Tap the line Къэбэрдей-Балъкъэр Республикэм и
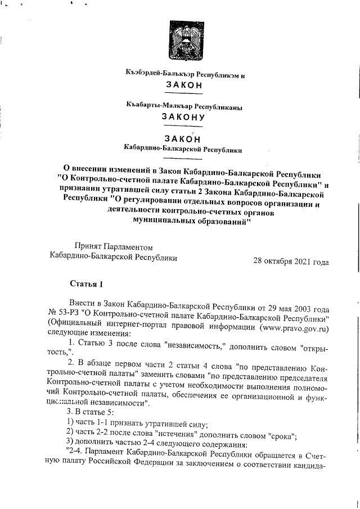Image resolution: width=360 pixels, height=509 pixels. click(186, 74)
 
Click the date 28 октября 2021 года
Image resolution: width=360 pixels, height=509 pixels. click(291, 261)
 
